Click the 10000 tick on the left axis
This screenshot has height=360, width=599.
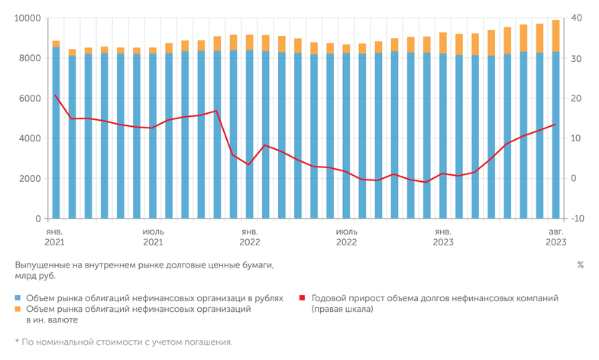[28, 18]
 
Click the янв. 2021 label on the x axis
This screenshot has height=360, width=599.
[55, 235]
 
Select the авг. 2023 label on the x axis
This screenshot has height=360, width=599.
[555, 235]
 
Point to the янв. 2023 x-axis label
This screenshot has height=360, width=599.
[443, 235]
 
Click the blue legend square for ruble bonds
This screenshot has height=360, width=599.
[18, 298]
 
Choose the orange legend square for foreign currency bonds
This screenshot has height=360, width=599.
[18, 310]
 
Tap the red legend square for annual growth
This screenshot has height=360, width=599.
[303, 298]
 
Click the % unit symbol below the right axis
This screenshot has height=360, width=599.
[580, 265]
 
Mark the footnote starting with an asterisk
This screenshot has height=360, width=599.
[123, 342]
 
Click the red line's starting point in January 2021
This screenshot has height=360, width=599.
[56, 96]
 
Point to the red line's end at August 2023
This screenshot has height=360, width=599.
[555, 125]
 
